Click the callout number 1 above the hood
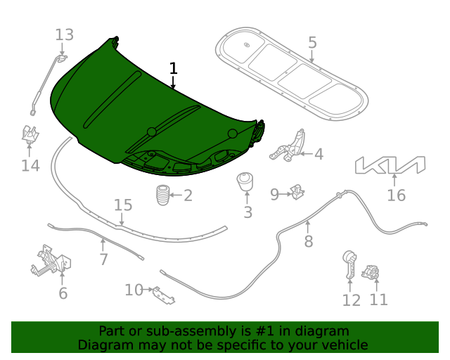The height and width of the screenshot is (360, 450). click(x=173, y=68)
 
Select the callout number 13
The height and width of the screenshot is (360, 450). click(x=64, y=34)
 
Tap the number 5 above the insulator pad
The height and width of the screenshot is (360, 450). click(x=312, y=43)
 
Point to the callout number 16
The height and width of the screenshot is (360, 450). click(x=397, y=195)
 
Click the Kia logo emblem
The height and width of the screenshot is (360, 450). click(x=390, y=165)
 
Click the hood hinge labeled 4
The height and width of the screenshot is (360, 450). click(x=288, y=146)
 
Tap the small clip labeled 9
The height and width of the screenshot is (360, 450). click(x=298, y=191)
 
